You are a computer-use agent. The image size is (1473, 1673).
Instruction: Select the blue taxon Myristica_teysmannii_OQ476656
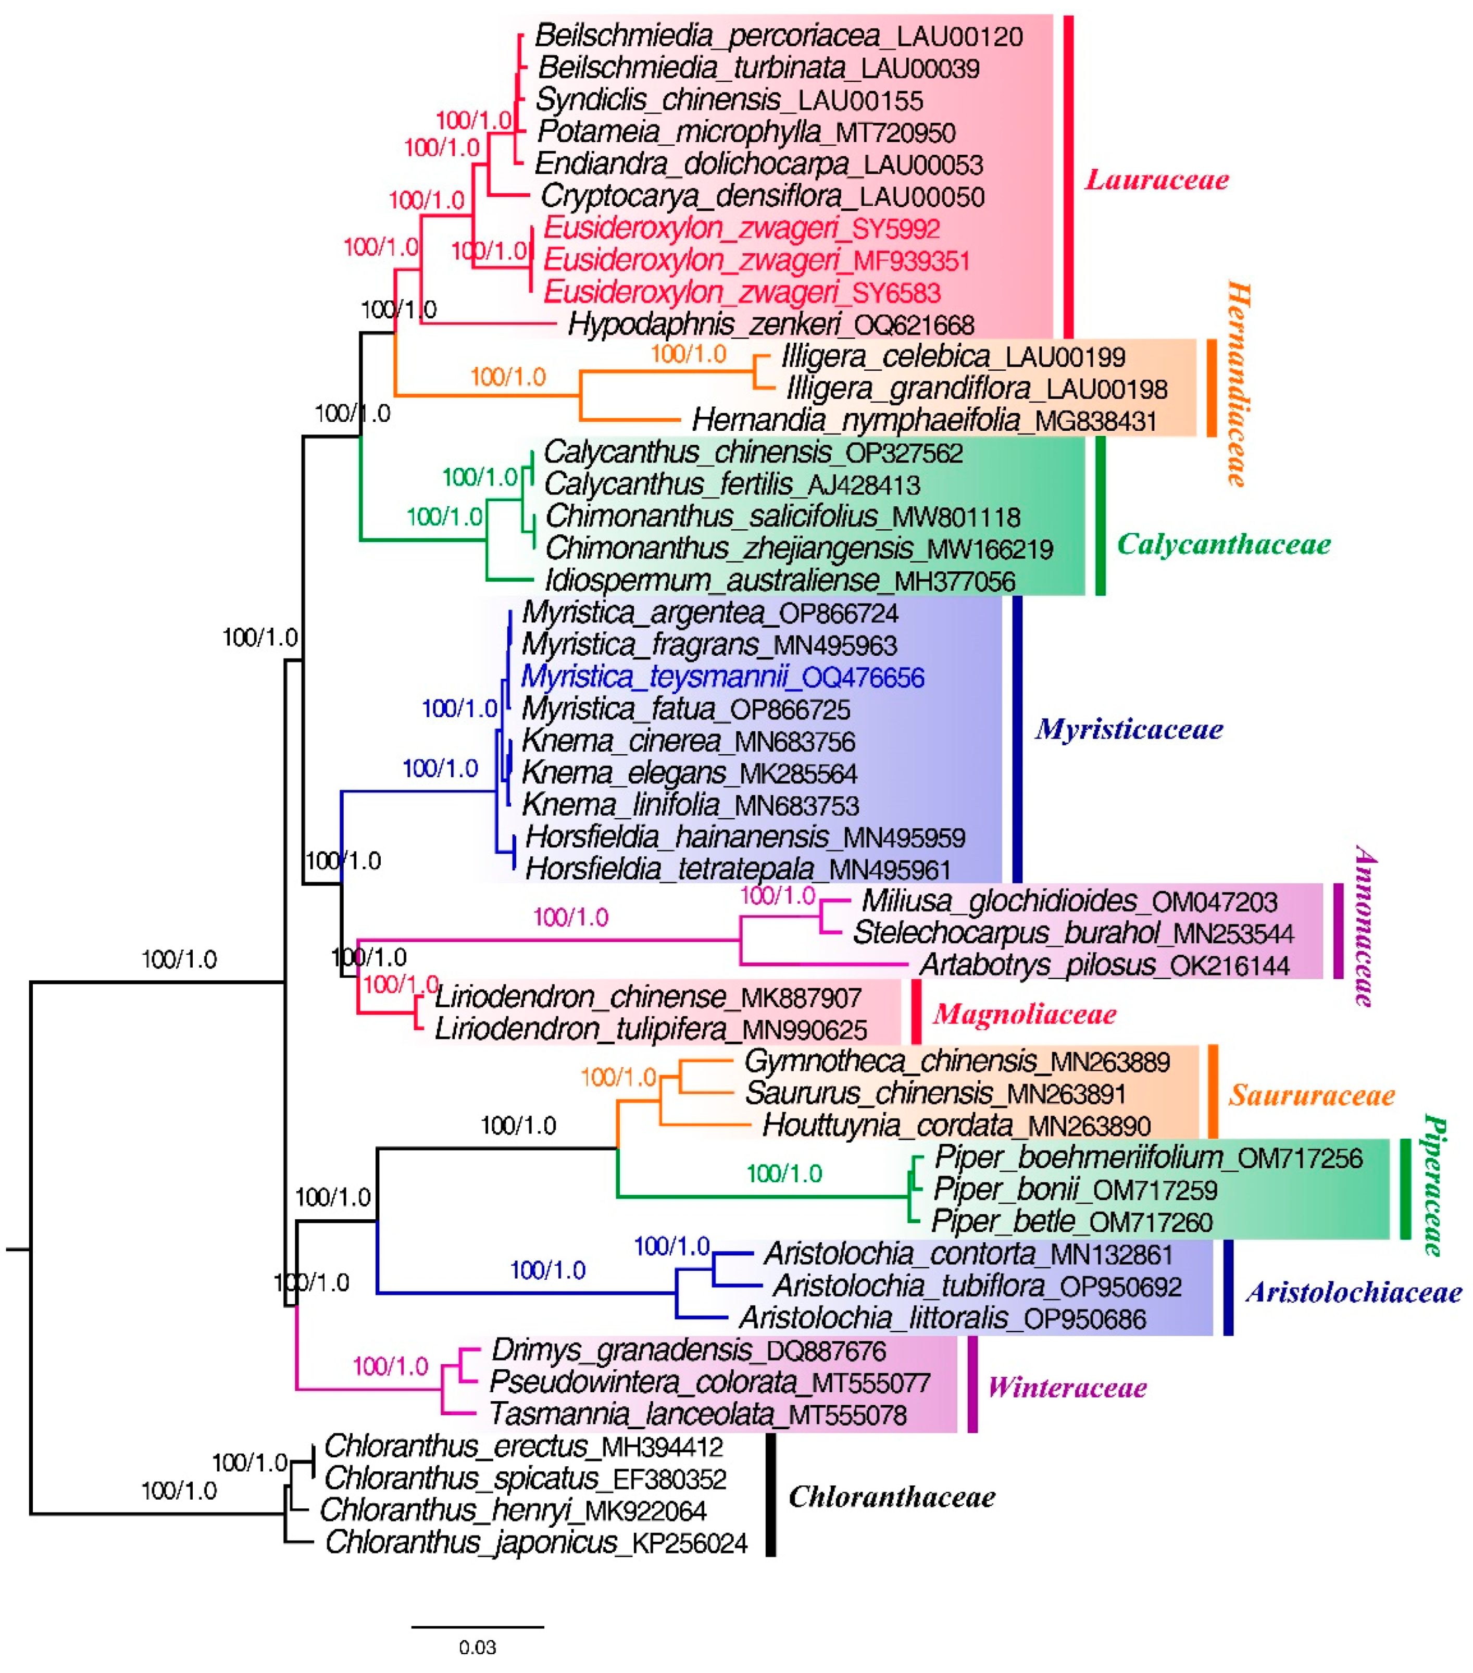pyautogui.click(x=722, y=678)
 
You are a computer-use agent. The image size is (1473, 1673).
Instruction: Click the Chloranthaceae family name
pyautogui.click(x=892, y=1497)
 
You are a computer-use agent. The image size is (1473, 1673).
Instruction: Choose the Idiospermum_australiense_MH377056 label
pyautogui.click(x=780, y=581)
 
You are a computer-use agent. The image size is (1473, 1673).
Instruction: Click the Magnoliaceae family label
pyautogui.click(x=1025, y=1015)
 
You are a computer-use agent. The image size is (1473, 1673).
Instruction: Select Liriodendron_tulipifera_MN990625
pyautogui.click(x=651, y=1029)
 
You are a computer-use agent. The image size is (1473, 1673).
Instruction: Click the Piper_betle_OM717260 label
pyautogui.click(x=1072, y=1222)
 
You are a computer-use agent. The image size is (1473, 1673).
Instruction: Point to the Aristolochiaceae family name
pyautogui.click(x=1354, y=1293)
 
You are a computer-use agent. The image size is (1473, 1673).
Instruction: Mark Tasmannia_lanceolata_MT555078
pyautogui.click(x=698, y=1414)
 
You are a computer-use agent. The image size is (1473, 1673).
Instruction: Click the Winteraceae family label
pyautogui.click(x=1067, y=1388)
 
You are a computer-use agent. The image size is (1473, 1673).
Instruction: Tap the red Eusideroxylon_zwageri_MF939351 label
pyautogui.click(x=756, y=261)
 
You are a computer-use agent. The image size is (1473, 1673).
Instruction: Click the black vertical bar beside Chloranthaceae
pyautogui.click(x=770, y=1494)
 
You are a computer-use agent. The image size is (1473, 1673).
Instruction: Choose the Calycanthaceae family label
pyautogui.click(x=1224, y=544)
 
